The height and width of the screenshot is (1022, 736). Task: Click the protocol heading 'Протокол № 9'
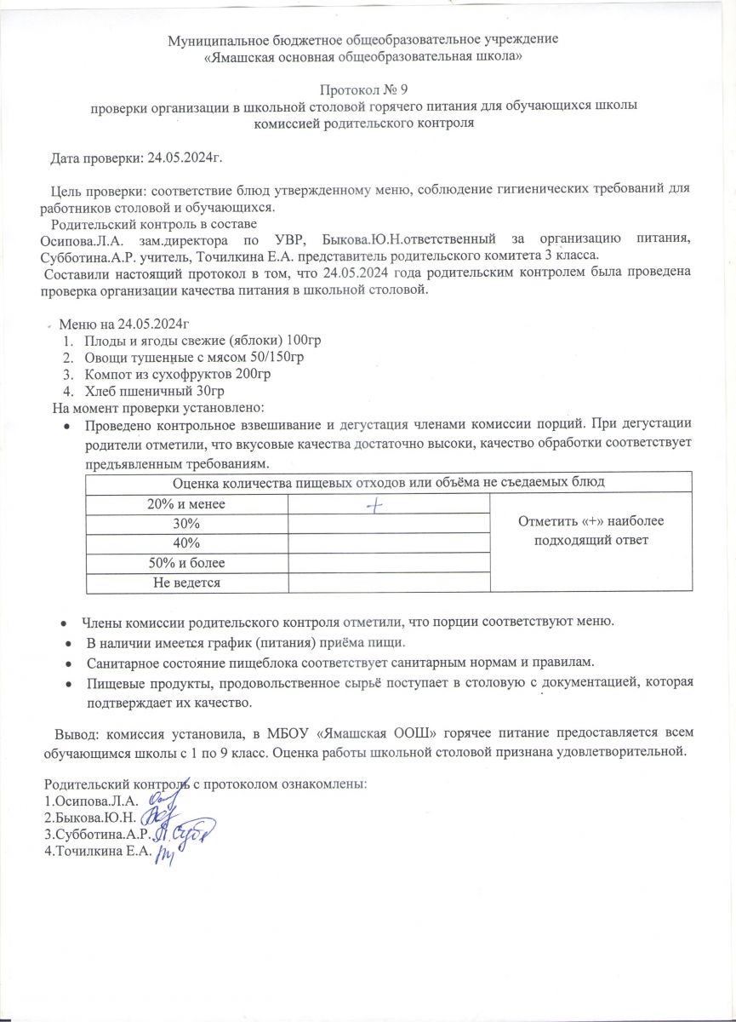pos(368,89)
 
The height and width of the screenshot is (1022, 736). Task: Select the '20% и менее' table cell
pos(187,504)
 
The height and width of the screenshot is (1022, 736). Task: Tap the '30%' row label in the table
pos(187,523)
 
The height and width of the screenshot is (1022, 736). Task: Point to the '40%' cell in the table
pos(187,543)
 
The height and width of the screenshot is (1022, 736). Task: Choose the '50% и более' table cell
pos(187,563)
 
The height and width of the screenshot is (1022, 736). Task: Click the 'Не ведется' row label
pos(187,583)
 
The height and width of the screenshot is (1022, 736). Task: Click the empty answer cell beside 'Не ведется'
pos(390,583)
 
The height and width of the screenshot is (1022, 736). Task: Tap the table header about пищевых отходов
pos(389,483)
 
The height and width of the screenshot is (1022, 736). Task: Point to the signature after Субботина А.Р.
pos(189,832)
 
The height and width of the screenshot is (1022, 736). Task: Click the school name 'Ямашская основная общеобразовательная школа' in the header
pos(368,56)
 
